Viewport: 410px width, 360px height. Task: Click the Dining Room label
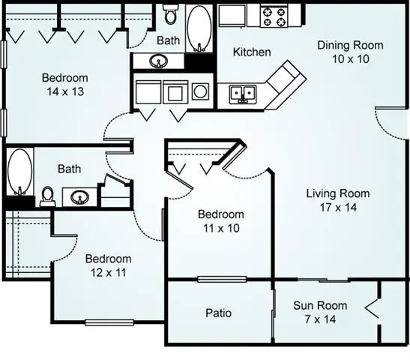(x=349, y=45)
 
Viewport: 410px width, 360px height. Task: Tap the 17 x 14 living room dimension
(x=337, y=208)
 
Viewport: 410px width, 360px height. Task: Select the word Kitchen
(x=251, y=52)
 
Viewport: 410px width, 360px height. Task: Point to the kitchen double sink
(x=242, y=93)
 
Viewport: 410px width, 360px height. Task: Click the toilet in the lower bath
(x=48, y=195)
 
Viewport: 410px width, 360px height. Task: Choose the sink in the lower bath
(x=79, y=197)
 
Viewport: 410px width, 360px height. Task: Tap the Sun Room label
(x=320, y=305)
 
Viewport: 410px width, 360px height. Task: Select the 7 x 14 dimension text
(x=320, y=319)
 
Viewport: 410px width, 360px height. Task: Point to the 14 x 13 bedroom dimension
(x=64, y=91)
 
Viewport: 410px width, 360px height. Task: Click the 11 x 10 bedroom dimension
(x=222, y=228)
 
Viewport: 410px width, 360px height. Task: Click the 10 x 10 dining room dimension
(x=349, y=58)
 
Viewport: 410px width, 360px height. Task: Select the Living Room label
(x=337, y=193)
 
